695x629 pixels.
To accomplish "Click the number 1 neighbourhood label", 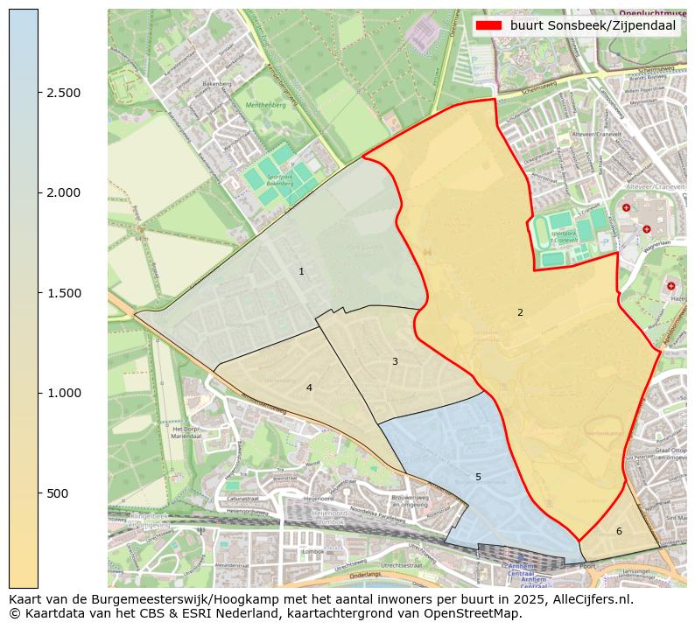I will (x=301, y=271).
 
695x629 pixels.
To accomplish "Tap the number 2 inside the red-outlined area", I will (x=520, y=312).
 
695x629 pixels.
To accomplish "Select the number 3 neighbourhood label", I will (x=395, y=361).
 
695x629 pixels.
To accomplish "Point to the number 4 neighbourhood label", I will (x=309, y=388).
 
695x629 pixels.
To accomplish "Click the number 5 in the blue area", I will (x=478, y=477).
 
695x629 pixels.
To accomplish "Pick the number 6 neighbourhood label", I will (x=619, y=531).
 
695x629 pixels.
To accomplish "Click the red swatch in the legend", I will (x=488, y=25).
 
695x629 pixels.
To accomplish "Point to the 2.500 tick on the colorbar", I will (x=63, y=93).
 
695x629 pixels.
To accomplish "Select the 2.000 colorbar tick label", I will (x=63, y=192).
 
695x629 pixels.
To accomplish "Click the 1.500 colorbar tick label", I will (x=63, y=293).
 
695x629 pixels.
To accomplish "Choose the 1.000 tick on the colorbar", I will (x=63, y=393).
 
